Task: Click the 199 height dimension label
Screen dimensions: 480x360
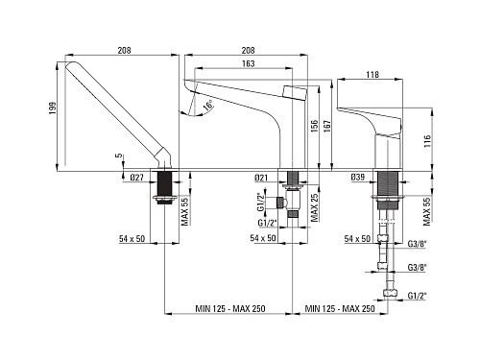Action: click(53, 108)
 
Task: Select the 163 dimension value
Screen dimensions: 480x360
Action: click(248, 63)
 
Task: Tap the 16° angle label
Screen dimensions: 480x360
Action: click(208, 106)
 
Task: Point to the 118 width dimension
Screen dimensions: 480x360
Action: click(372, 75)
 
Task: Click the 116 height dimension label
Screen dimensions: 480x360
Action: click(427, 141)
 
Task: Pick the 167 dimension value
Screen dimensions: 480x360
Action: click(326, 126)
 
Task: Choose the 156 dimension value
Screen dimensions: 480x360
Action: click(314, 126)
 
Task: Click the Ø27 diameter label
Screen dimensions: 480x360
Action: click(136, 178)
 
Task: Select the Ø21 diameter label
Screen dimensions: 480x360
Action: click(261, 178)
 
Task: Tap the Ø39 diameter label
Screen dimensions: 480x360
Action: click(357, 177)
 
